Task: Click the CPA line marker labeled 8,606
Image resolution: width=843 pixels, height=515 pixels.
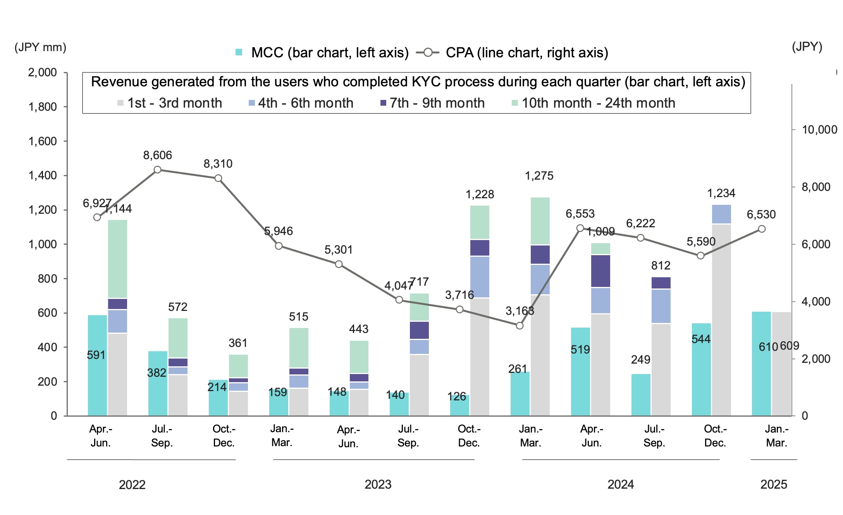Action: click(x=157, y=170)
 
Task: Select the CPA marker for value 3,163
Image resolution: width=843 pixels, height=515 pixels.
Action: click(x=520, y=326)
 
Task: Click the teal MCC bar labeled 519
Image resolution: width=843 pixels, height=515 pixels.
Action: click(x=580, y=372)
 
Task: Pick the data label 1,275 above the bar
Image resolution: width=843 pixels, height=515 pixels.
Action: click(x=539, y=176)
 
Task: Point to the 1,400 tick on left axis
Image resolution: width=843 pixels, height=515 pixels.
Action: click(x=43, y=175)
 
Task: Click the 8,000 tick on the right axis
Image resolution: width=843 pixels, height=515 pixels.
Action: click(x=815, y=187)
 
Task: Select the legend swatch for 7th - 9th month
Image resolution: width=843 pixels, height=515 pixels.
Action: click(x=383, y=103)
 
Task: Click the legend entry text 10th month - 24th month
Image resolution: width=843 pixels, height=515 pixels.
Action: click(x=598, y=103)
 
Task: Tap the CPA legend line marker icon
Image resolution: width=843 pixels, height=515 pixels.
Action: click(x=428, y=53)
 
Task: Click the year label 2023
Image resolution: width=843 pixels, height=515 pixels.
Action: click(x=378, y=484)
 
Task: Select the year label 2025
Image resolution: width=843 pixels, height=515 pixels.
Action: click(x=774, y=484)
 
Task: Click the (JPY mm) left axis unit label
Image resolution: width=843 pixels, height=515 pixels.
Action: click(x=40, y=47)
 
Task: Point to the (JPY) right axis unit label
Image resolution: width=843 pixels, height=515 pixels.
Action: click(x=807, y=46)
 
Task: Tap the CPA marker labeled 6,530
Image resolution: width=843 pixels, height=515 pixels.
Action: click(x=762, y=229)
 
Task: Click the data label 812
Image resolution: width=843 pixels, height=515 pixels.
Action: click(x=661, y=266)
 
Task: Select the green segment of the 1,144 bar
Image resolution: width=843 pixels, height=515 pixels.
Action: click(x=117, y=259)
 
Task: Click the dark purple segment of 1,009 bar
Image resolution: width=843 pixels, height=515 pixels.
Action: click(x=600, y=271)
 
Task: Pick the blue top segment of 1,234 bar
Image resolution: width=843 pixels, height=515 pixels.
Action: click(x=721, y=214)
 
